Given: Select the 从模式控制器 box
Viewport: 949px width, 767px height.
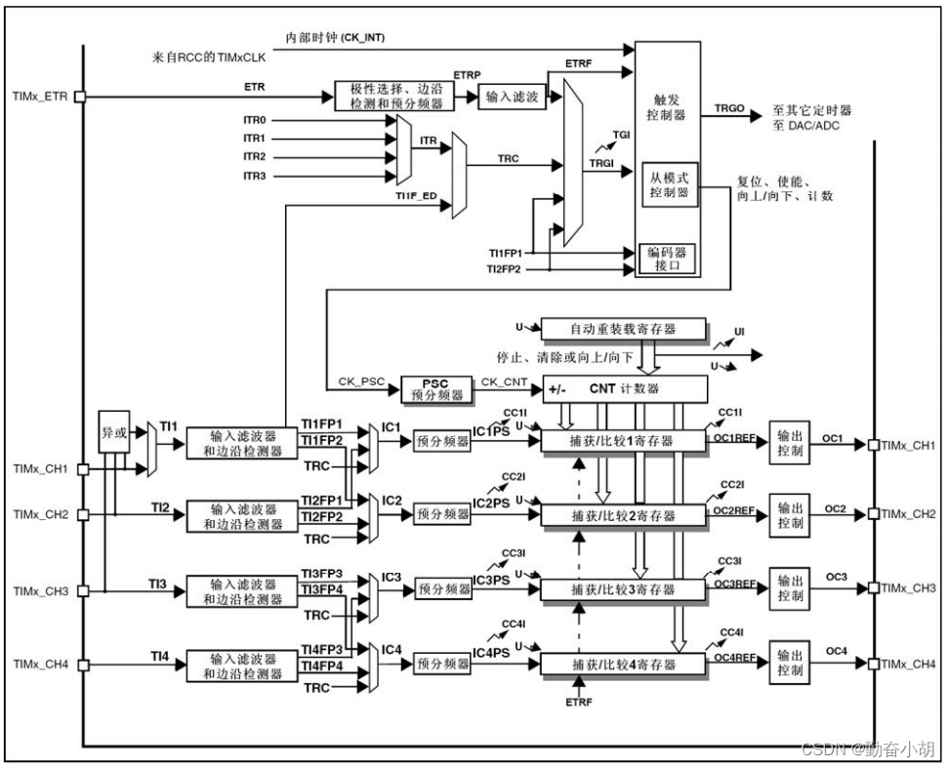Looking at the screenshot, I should (x=669, y=186).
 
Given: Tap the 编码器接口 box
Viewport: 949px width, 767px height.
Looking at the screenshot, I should (x=669, y=258).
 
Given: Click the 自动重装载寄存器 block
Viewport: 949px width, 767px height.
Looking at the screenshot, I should (x=622, y=329).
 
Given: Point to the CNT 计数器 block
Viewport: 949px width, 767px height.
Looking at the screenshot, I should (x=624, y=389).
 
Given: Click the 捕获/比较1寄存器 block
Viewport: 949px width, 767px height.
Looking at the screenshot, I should (x=622, y=441).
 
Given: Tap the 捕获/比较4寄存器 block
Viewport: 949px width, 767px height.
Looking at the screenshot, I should (x=622, y=665).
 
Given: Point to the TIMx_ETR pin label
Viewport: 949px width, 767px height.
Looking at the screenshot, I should (x=38, y=97).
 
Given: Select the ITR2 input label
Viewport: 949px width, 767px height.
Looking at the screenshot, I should (x=255, y=157).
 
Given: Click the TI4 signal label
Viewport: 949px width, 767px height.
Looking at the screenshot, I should (x=160, y=654).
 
